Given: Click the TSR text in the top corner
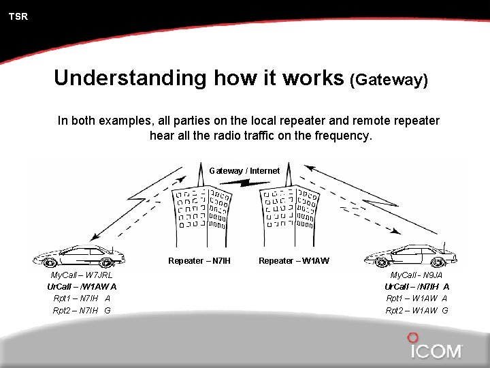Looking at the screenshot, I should [18, 16].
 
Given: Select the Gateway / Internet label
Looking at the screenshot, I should [244, 170].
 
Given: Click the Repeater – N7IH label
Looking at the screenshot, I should [199, 261].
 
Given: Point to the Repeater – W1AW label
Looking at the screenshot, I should [294, 261].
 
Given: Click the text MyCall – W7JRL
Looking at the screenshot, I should [82, 275].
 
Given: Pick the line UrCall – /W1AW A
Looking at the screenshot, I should [82, 287].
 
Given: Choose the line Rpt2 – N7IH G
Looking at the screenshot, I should [82, 311].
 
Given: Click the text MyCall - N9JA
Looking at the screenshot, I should [416, 275].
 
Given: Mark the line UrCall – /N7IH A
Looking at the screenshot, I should [416, 287].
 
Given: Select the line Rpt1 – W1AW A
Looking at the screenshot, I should [416, 298].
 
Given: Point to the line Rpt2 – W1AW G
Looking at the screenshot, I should [416, 311].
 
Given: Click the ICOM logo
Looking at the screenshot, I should [436, 348].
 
